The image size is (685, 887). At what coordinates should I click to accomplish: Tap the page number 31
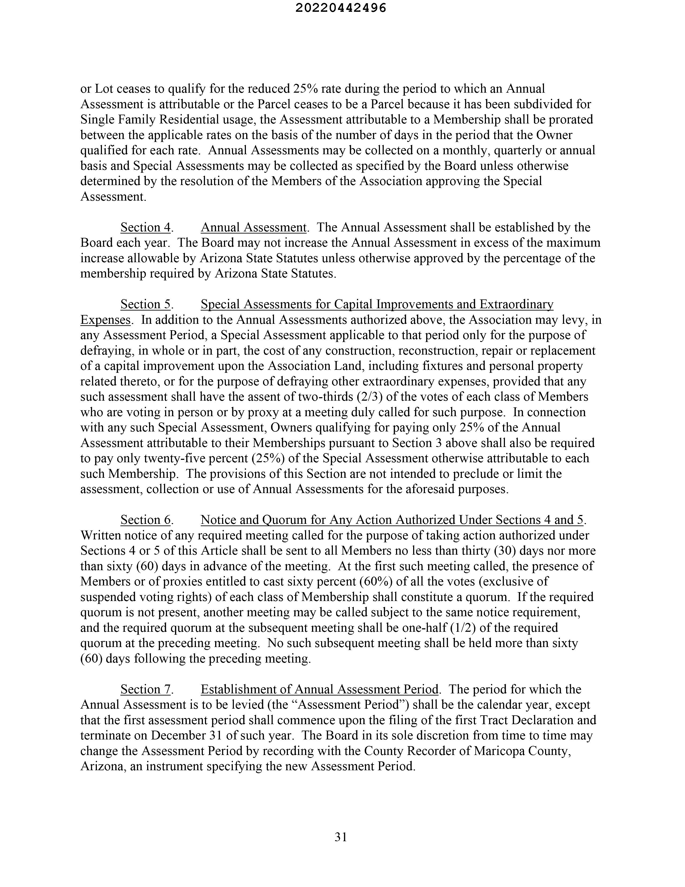pos(341,837)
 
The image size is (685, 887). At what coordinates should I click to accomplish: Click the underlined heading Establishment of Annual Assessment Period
pos(319,689)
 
